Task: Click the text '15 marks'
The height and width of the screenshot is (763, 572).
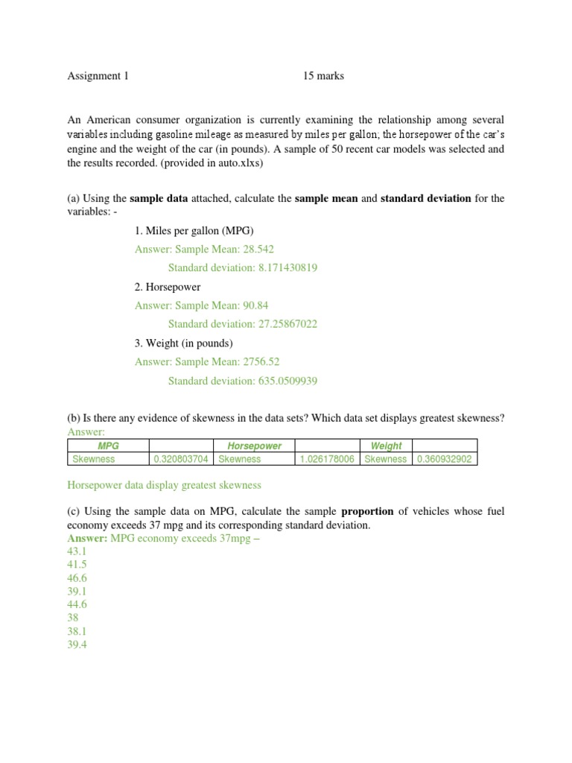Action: pyautogui.click(x=323, y=76)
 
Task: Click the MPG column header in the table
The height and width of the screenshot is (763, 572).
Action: pyautogui.click(x=109, y=446)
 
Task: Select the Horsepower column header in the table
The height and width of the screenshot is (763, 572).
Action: pyautogui.click(x=255, y=446)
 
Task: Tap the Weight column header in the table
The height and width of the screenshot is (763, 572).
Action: pyautogui.click(x=386, y=446)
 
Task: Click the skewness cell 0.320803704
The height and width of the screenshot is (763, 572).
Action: pyautogui.click(x=182, y=459)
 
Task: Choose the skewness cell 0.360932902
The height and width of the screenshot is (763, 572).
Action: pyautogui.click(x=444, y=459)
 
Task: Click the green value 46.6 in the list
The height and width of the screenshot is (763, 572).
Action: pyautogui.click(x=77, y=577)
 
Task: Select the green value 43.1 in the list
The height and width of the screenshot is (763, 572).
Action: pyautogui.click(x=77, y=551)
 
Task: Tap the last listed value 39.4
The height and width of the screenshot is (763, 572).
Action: pyautogui.click(x=77, y=645)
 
